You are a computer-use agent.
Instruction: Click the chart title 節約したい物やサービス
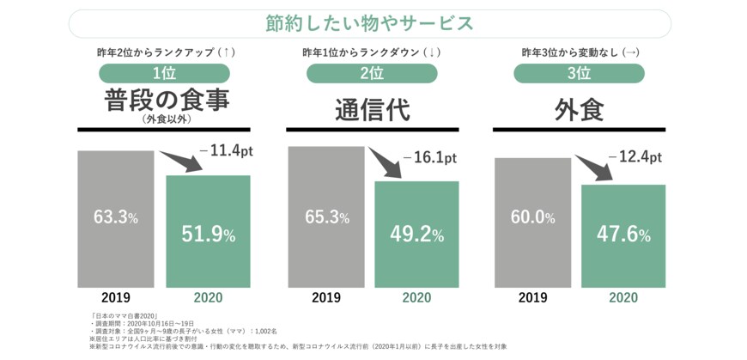tap(369, 23)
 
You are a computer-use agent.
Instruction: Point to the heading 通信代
tap(372, 110)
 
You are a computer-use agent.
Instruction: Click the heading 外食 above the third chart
tap(579, 110)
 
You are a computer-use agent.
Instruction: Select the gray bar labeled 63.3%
tap(116, 218)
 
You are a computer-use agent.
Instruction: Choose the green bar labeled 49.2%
tap(416, 233)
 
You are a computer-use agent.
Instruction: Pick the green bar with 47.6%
tap(623, 235)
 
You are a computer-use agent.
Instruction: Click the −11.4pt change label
tap(227, 151)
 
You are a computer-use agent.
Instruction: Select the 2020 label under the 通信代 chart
tap(416, 297)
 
